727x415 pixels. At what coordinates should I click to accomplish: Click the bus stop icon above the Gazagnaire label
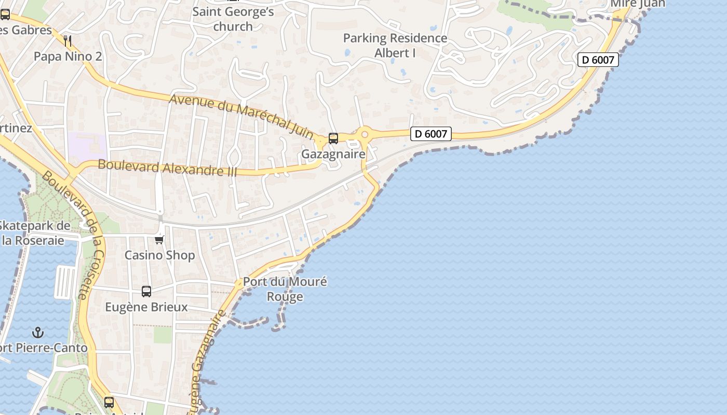[333, 139]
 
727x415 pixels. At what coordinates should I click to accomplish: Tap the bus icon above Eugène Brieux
[146, 292]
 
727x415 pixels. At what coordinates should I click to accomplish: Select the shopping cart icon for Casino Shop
[159, 240]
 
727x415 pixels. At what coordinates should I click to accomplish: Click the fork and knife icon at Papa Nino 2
[67, 40]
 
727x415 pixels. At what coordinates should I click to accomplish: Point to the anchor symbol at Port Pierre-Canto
[37, 332]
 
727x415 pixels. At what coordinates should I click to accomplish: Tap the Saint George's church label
[233, 19]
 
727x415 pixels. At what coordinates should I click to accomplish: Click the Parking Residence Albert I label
[395, 45]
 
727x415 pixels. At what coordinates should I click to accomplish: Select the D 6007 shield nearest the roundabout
[430, 134]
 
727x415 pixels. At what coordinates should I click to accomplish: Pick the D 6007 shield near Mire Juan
[598, 60]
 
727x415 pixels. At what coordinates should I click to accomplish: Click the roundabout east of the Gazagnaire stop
[365, 134]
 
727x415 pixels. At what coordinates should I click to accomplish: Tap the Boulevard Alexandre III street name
[167, 168]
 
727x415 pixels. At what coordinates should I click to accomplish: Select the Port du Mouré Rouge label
[285, 289]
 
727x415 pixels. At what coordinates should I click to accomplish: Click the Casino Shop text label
[159, 255]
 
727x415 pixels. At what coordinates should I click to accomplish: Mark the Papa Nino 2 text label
[68, 56]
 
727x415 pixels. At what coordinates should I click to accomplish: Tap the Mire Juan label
[638, 4]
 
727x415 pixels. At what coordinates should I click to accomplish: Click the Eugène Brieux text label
[146, 307]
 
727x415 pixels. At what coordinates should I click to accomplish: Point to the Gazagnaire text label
[333, 155]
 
